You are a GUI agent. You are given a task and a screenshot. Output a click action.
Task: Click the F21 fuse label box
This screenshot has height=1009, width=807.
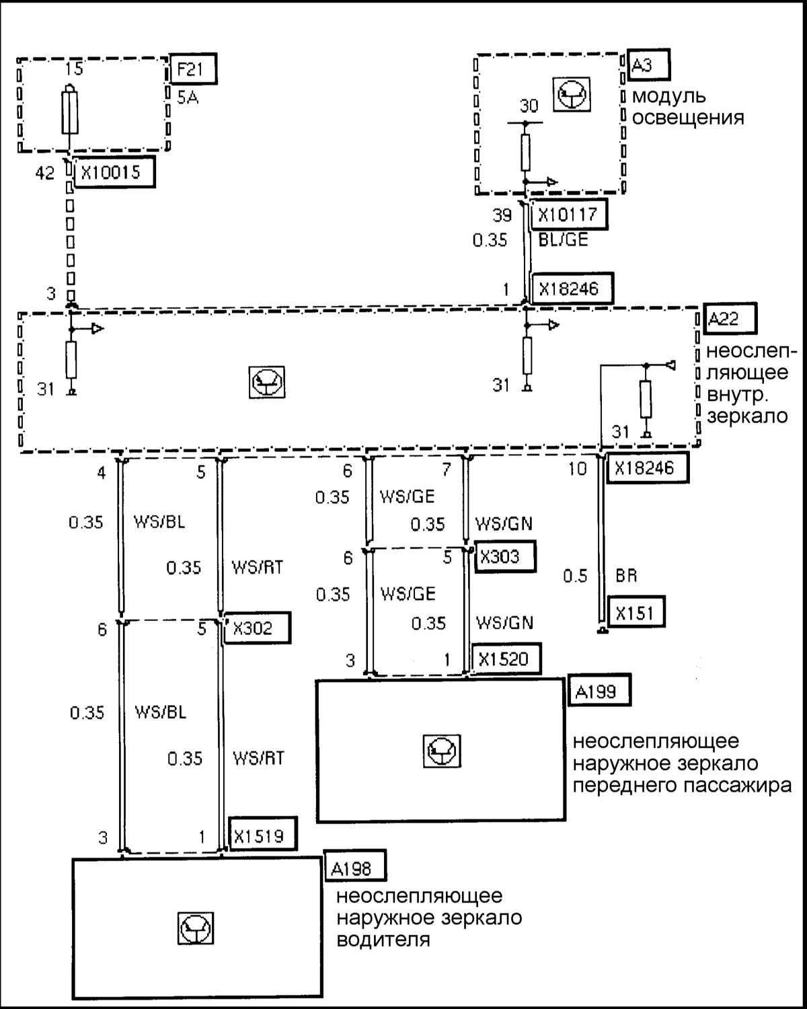tap(194, 69)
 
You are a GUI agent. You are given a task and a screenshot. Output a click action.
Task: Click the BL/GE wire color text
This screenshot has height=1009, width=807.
tap(564, 239)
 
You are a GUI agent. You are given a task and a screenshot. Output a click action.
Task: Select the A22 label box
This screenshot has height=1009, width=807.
tap(728, 318)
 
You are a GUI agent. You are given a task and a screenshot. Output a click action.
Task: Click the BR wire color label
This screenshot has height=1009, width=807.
tap(626, 576)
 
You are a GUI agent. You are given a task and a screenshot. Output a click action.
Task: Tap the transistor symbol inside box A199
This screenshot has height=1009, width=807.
tap(442, 750)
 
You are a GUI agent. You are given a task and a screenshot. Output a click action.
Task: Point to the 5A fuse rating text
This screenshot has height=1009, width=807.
tap(188, 98)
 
